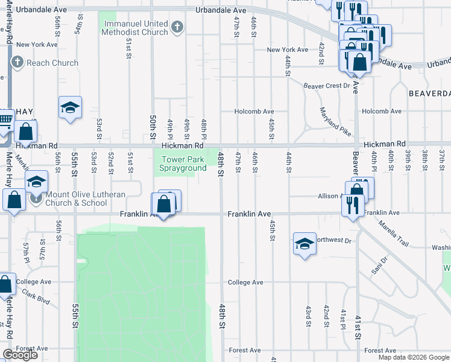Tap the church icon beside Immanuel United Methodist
pos(177,26)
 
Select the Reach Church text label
pos(52,63)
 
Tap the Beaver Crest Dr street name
pos(326,86)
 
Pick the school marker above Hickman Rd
pos(70,108)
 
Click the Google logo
pos(20,355)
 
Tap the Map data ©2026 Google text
pos(414,357)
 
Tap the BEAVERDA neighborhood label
pos(429,94)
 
